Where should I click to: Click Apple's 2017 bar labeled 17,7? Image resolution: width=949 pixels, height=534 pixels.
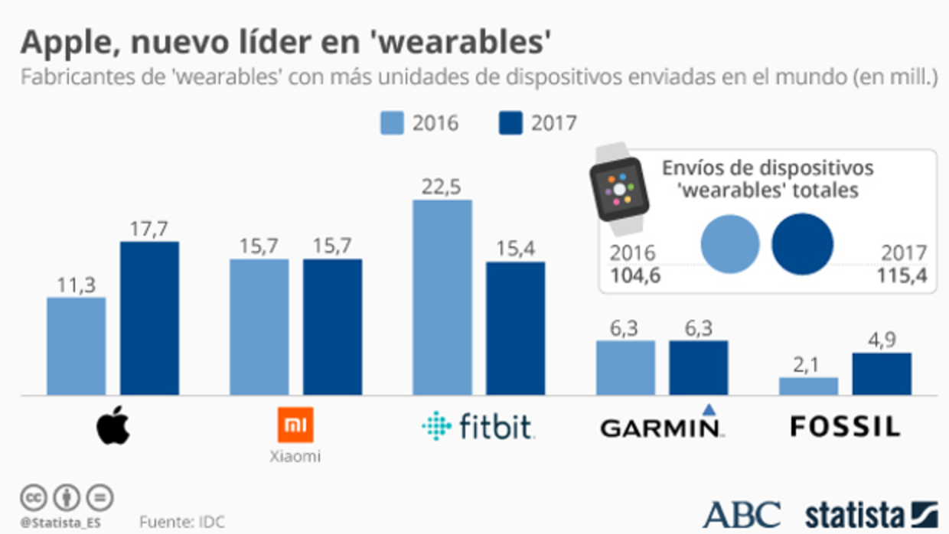click(x=149, y=318)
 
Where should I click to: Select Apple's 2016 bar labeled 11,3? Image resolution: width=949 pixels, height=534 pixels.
click(x=76, y=346)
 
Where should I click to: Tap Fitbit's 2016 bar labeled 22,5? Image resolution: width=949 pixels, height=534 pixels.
click(x=442, y=298)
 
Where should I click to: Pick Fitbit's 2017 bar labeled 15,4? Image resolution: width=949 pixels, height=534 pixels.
click(x=516, y=328)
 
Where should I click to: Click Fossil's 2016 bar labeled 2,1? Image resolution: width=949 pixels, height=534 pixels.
click(x=808, y=386)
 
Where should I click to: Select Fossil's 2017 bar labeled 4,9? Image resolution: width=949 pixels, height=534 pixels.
click(x=882, y=373)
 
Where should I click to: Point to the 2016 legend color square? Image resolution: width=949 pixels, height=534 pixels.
click(x=392, y=122)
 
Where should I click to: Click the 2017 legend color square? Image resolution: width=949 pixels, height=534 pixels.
click(x=510, y=122)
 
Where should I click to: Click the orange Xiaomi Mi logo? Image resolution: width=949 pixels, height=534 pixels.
click(x=295, y=425)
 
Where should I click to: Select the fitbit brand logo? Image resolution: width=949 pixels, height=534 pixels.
click(x=478, y=426)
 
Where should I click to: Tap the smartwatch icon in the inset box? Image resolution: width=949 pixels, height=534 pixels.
click(x=619, y=184)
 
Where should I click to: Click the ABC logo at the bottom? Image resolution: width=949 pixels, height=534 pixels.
click(x=741, y=514)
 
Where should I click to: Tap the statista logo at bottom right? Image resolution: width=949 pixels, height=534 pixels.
click(x=870, y=514)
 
